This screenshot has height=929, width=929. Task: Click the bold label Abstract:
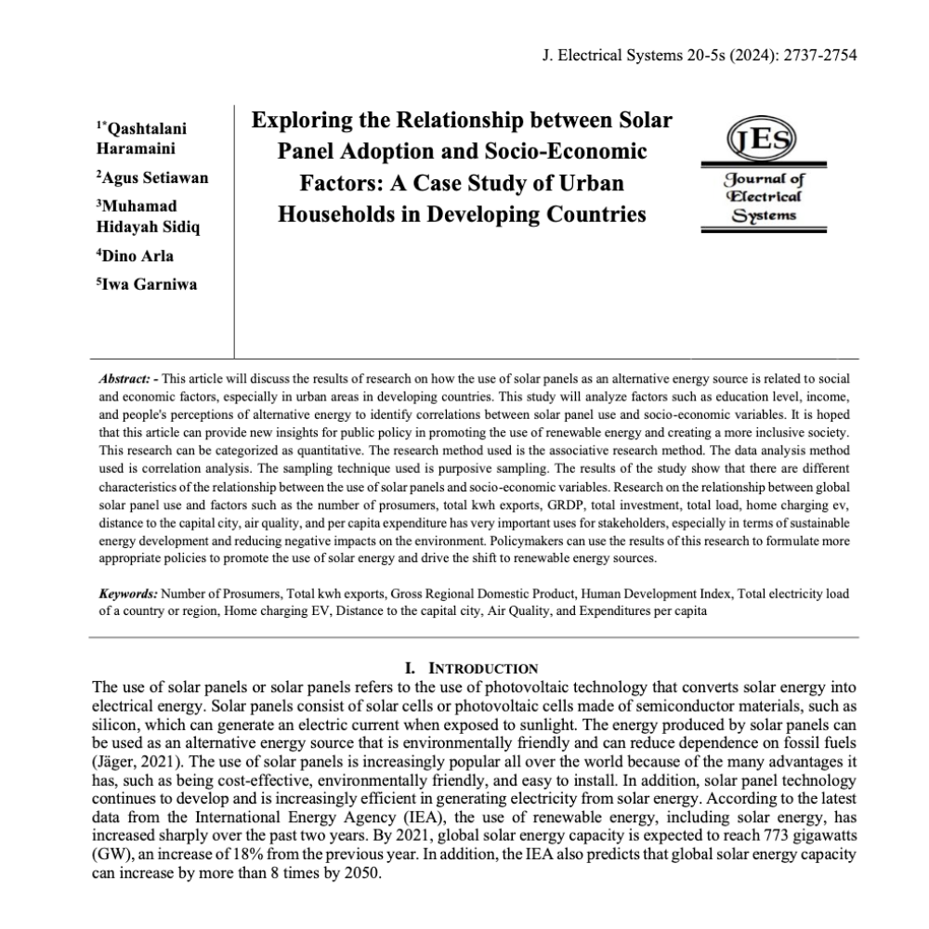point(125,379)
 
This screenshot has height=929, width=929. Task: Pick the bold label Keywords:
point(128,593)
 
